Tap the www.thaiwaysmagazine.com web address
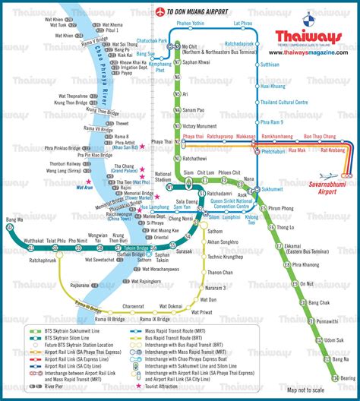click(x=308, y=52)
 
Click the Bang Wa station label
click(x=14, y=220)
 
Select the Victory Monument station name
click(x=200, y=126)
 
